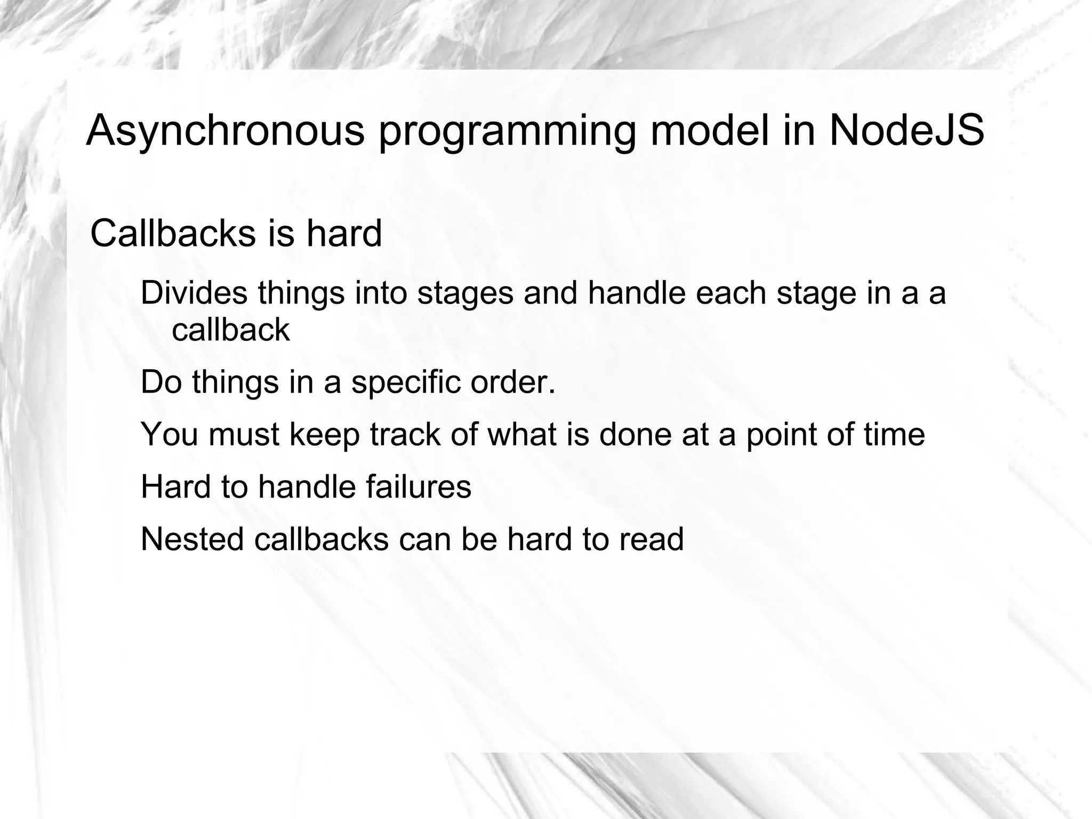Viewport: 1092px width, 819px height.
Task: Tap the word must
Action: tap(244, 434)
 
